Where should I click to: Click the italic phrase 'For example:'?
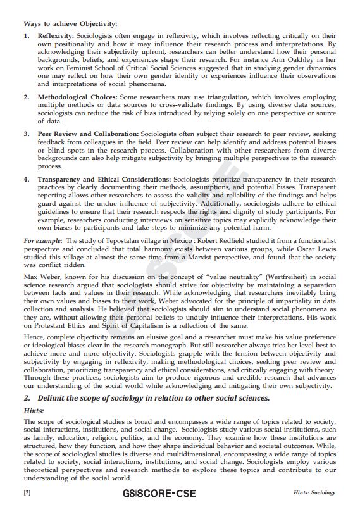[x=43, y=241]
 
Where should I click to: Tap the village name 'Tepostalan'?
[x=124, y=241]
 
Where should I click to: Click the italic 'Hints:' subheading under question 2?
[x=34, y=411]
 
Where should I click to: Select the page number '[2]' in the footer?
[x=27, y=493]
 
